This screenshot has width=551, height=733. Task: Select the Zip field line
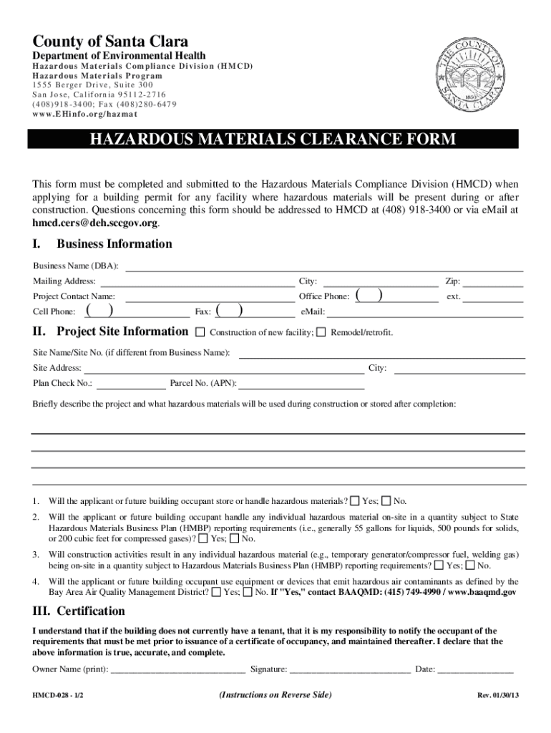(496, 283)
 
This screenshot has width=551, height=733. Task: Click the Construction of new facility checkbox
(200, 332)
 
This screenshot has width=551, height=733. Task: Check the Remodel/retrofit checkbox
(321, 332)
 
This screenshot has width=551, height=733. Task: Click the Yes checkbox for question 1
(356, 500)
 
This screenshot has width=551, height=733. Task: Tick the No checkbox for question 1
(386, 500)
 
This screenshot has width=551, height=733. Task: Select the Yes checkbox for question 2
(204, 538)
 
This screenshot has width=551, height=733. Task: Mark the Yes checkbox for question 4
(217, 592)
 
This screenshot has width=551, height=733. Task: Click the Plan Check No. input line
(130, 384)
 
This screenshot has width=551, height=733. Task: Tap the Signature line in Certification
(350, 671)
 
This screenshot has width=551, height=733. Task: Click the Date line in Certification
(475, 671)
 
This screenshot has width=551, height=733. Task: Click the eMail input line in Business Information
(425, 313)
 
